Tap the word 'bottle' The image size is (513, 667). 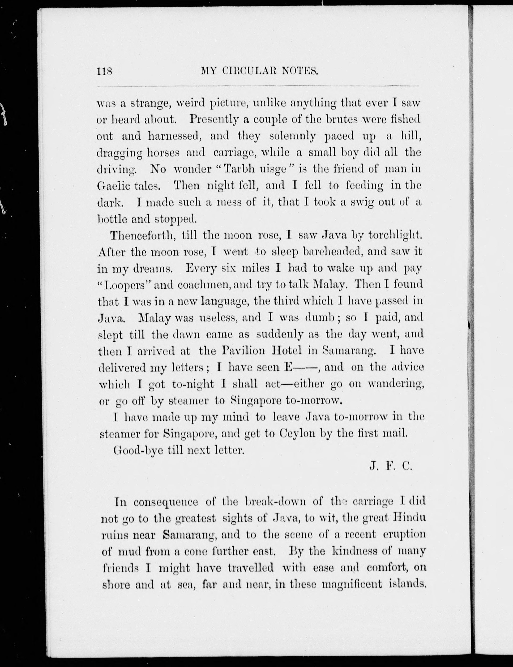(112, 219)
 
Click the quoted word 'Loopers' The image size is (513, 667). (125, 285)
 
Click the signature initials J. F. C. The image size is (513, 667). (391, 466)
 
